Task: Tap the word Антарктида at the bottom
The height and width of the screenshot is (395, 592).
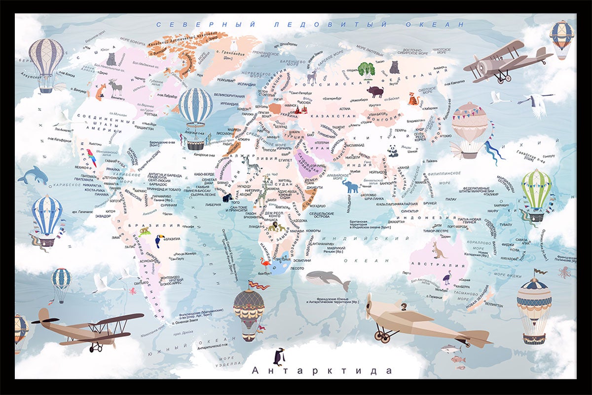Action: tap(322, 370)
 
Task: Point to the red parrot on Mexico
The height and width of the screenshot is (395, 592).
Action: tap(92, 158)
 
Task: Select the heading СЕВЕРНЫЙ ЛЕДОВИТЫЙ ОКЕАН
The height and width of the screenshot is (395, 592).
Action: tap(310, 24)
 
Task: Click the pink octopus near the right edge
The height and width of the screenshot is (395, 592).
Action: tap(564, 272)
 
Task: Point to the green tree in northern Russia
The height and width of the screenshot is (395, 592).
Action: tap(366, 69)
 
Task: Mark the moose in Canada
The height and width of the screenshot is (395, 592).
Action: tap(115, 87)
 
